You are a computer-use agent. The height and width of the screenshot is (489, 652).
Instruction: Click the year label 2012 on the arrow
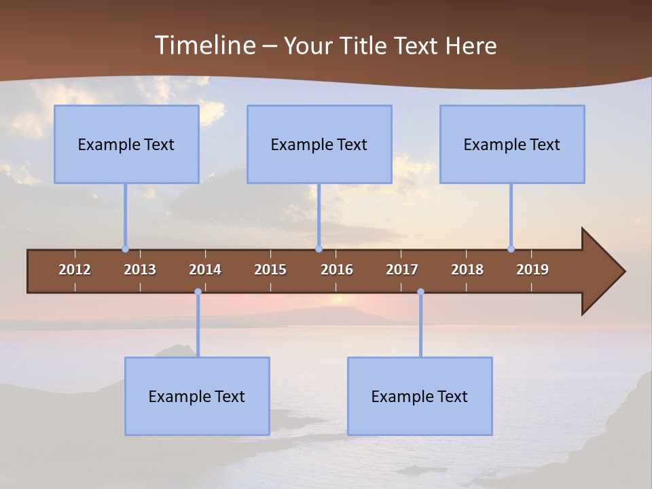(x=75, y=270)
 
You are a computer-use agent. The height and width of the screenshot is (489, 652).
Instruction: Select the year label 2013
(x=140, y=270)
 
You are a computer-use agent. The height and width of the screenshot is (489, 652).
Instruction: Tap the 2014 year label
(x=205, y=270)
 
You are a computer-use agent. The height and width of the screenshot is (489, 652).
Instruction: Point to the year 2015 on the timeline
(x=270, y=270)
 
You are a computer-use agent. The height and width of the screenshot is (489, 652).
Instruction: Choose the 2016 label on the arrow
(x=337, y=270)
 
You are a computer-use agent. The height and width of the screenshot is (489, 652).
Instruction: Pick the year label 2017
(x=402, y=270)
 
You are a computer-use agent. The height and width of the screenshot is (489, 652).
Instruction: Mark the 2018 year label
(x=467, y=270)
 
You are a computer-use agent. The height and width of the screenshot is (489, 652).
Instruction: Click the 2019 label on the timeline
(x=532, y=270)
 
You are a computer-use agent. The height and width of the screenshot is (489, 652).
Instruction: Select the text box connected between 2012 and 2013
(x=126, y=144)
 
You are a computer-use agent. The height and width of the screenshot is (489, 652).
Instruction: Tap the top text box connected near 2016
(x=319, y=144)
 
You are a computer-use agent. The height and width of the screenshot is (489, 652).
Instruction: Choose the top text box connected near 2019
(x=512, y=144)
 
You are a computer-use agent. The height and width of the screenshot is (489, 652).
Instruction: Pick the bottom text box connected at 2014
(x=197, y=396)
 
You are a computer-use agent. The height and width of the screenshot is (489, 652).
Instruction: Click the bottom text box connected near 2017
(x=420, y=396)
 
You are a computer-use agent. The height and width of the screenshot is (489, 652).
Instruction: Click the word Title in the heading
(x=366, y=46)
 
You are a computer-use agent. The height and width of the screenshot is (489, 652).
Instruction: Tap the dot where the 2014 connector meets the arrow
(x=198, y=292)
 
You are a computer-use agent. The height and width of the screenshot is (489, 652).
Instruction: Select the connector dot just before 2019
(x=511, y=249)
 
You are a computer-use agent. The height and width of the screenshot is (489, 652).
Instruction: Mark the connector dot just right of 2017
(x=420, y=292)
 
